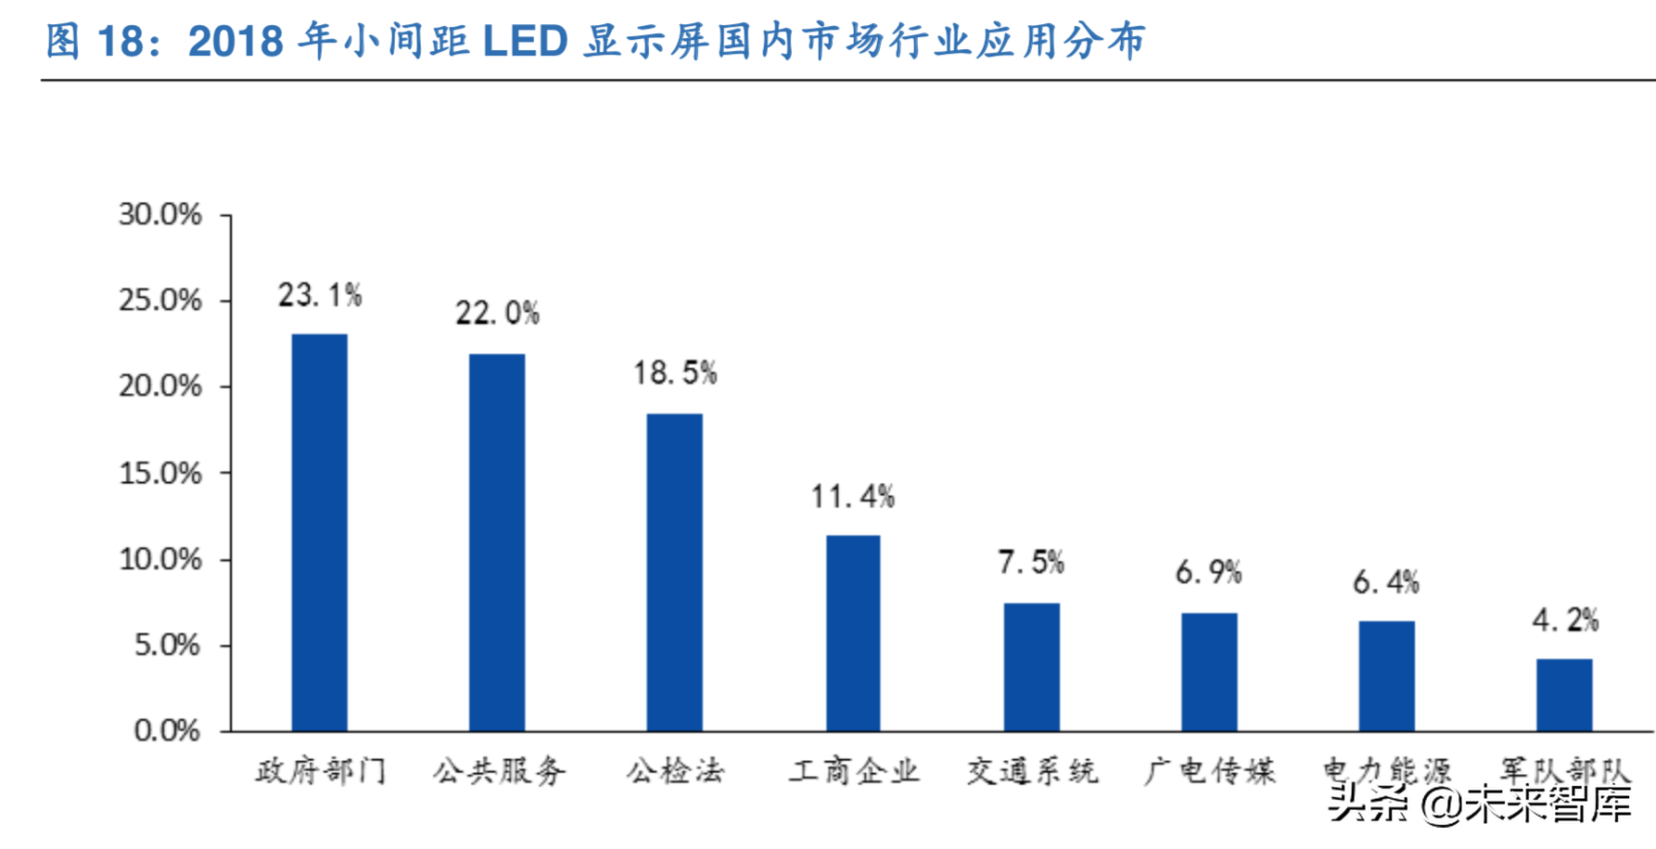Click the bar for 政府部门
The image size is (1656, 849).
click(320, 532)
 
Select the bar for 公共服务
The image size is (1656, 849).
click(497, 542)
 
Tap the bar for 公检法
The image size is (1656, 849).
click(674, 572)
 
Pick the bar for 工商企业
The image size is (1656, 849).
click(853, 633)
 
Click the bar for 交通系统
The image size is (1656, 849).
click(1031, 666)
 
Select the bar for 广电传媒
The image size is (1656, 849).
click(1209, 671)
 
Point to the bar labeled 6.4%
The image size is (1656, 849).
click(1386, 676)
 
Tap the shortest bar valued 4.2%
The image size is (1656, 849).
click(1564, 694)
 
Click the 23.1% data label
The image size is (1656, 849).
click(320, 296)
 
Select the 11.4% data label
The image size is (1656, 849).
click(853, 497)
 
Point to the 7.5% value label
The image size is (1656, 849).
click(1031, 562)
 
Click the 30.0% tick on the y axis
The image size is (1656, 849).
click(159, 215)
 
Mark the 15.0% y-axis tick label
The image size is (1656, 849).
click(159, 474)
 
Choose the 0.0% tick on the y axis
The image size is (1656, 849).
click(167, 731)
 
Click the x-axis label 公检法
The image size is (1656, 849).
click(674, 771)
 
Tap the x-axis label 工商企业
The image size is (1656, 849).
click(853, 771)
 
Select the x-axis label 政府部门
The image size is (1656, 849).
click(320, 771)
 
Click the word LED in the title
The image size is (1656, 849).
click(525, 42)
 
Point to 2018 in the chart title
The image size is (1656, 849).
click(236, 42)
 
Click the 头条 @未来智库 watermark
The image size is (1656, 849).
click(1480, 804)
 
